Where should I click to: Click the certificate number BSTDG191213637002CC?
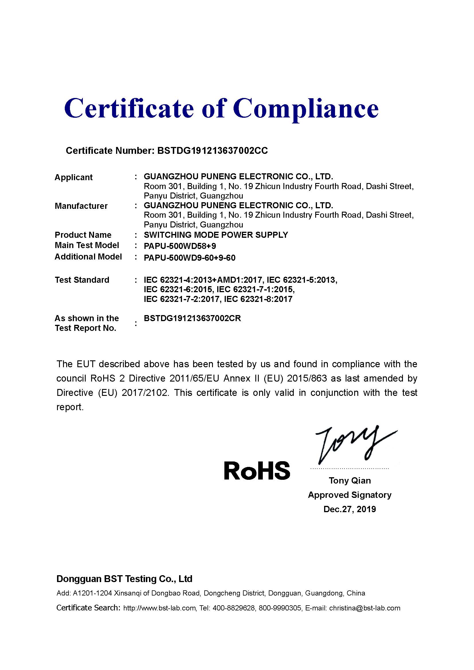[212, 151]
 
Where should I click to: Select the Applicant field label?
[74, 177]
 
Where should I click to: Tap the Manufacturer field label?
[81, 206]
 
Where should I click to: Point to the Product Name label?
[83, 235]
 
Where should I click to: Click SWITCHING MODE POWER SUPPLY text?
[216, 235]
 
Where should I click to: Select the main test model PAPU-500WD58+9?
[180, 246]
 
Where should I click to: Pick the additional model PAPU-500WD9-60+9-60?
[189, 258]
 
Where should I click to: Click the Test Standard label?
[82, 280]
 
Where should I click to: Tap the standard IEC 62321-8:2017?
[258, 299]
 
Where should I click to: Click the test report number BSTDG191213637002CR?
[192, 318]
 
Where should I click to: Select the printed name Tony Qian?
[350, 480]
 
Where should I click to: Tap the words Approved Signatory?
[350, 495]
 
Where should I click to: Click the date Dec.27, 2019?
[350, 509]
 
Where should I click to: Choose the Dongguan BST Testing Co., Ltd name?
[124, 579]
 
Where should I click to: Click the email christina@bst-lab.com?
[365, 608]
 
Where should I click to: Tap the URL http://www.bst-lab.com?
[159, 608]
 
